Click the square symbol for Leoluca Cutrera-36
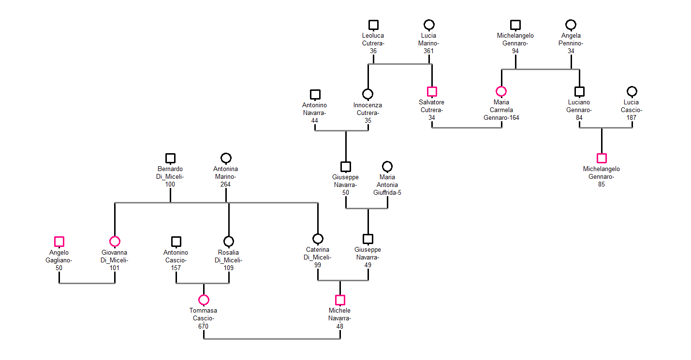pyautogui.click(x=373, y=25)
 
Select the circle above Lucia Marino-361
pyautogui.click(x=429, y=25)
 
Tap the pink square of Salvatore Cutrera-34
pyautogui.click(x=432, y=91)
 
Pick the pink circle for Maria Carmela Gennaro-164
pyautogui.click(x=501, y=91)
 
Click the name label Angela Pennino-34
pyautogui.click(x=571, y=43)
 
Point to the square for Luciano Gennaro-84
pyautogui.click(x=579, y=91)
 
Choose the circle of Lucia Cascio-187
pyautogui.click(x=632, y=91)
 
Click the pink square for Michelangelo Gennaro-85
pyautogui.click(x=602, y=158)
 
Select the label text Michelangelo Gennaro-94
pyautogui.click(x=515, y=43)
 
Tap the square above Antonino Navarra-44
pyautogui.click(x=315, y=94)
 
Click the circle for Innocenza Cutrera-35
pyautogui.click(x=368, y=94)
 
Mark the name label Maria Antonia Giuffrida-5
pyautogui.click(x=387, y=185)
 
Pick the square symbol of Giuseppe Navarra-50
pyautogui.click(x=346, y=167)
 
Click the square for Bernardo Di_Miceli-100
pyautogui.click(x=170, y=158)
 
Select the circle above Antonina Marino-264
pyautogui.click(x=226, y=158)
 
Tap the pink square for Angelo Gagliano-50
pyautogui.click(x=59, y=242)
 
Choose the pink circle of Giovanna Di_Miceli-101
pyautogui.click(x=115, y=242)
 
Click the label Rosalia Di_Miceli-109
pyautogui.click(x=229, y=260)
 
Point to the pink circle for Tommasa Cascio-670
pyautogui.click(x=204, y=300)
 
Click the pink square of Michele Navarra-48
pyautogui.click(x=340, y=300)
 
